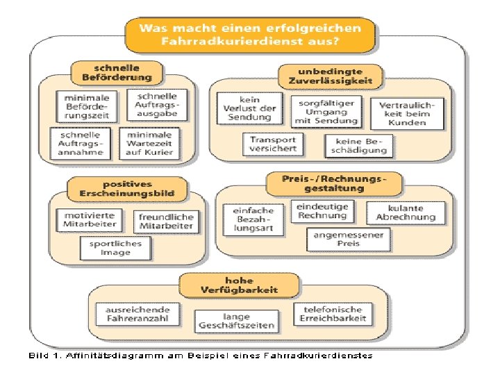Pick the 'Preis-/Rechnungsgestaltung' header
pos(333,183)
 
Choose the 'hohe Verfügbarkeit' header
pos(240,285)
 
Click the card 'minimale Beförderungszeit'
pos(87,107)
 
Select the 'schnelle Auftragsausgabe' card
pos(157,105)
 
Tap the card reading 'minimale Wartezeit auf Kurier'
pos(149,142)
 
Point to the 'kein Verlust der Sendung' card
pos(249,108)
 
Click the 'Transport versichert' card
pos(274,144)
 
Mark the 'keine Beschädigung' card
pos(356,145)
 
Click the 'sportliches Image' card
pos(115,248)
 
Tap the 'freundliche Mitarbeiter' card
pos(167,222)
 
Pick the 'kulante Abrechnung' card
pos(406,212)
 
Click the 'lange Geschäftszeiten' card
pos(237,320)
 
